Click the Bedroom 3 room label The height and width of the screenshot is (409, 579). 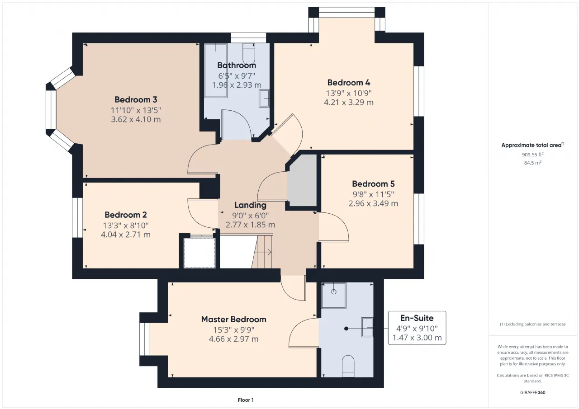pos(136,100)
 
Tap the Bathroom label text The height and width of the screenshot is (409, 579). pos(237,66)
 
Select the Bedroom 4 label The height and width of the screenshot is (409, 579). pos(349,83)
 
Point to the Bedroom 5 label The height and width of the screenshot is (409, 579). pos(373,184)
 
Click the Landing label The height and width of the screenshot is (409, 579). pos(250,205)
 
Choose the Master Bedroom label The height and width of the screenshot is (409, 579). pos(234,320)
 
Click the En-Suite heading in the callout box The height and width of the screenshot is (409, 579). pos(417,318)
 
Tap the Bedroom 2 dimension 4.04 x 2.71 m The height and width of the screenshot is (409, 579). pos(126,235)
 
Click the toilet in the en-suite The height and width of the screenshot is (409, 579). pos(348,366)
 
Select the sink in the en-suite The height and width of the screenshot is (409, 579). pos(367,327)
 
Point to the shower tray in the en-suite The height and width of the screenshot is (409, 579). pos(334,296)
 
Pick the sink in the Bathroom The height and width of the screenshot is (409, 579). pos(264,98)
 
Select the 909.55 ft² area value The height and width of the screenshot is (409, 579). pos(533,155)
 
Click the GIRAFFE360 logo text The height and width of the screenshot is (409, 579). pos(533,392)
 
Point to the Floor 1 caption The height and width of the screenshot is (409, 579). pos(246,400)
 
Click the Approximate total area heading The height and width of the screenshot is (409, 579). pos(533,145)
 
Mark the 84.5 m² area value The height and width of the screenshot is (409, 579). pos(533,163)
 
